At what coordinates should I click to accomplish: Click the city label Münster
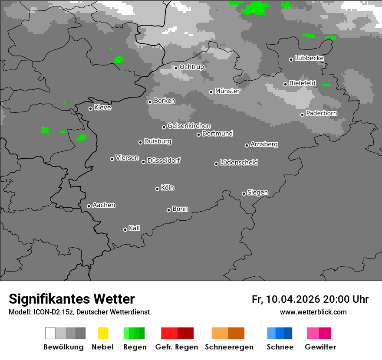pyautogui.click(x=227, y=91)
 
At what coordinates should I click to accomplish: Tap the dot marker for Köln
pyautogui.click(x=157, y=189)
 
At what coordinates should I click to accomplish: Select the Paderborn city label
pyautogui.click(x=321, y=114)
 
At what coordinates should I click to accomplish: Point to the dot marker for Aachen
pyautogui.click(x=89, y=206)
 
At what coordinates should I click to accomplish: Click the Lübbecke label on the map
pyautogui.click(x=309, y=58)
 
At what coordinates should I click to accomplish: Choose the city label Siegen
pyautogui.click(x=257, y=193)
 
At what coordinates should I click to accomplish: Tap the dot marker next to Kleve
pyautogui.click(x=90, y=108)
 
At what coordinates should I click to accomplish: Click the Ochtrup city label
pyautogui.click(x=191, y=67)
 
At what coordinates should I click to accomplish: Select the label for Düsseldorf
pyautogui.click(x=164, y=160)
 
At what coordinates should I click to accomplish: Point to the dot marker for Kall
pyautogui.click(x=125, y=229)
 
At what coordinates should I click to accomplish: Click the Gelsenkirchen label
pyautogui.click(x=189, y=126)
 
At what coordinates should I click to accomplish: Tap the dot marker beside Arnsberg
pyautogui.click(x=247, y=145)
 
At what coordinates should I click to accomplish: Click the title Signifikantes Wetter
pyautogui.click(x=72, y=299)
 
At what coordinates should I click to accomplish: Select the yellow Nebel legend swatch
pyautogui.click(x=103, y=333)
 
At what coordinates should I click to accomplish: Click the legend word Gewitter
pyautogui.click(x=320, y=347)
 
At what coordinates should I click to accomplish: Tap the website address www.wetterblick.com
pyautogui.click(x=313, y=312)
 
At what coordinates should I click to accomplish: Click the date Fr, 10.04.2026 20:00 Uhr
pyautogui.click(x=310, y=299)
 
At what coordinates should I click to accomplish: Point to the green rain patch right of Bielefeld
pyautogui.click(x=326, y=85)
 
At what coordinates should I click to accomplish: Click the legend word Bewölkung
pyautogui.click(x=63, y=347)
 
